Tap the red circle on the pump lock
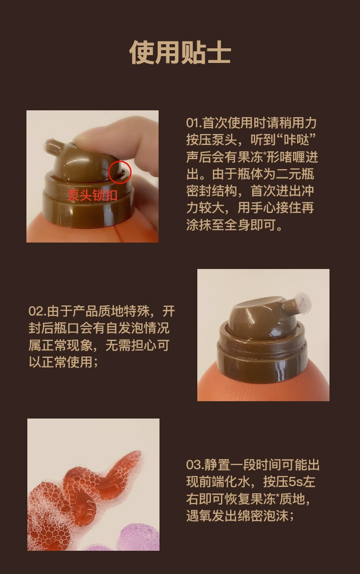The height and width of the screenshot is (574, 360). [x=120, y=172]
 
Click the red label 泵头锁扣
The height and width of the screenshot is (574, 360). [x=93, y=195]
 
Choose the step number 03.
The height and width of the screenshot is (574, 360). [x=194, y=465]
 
